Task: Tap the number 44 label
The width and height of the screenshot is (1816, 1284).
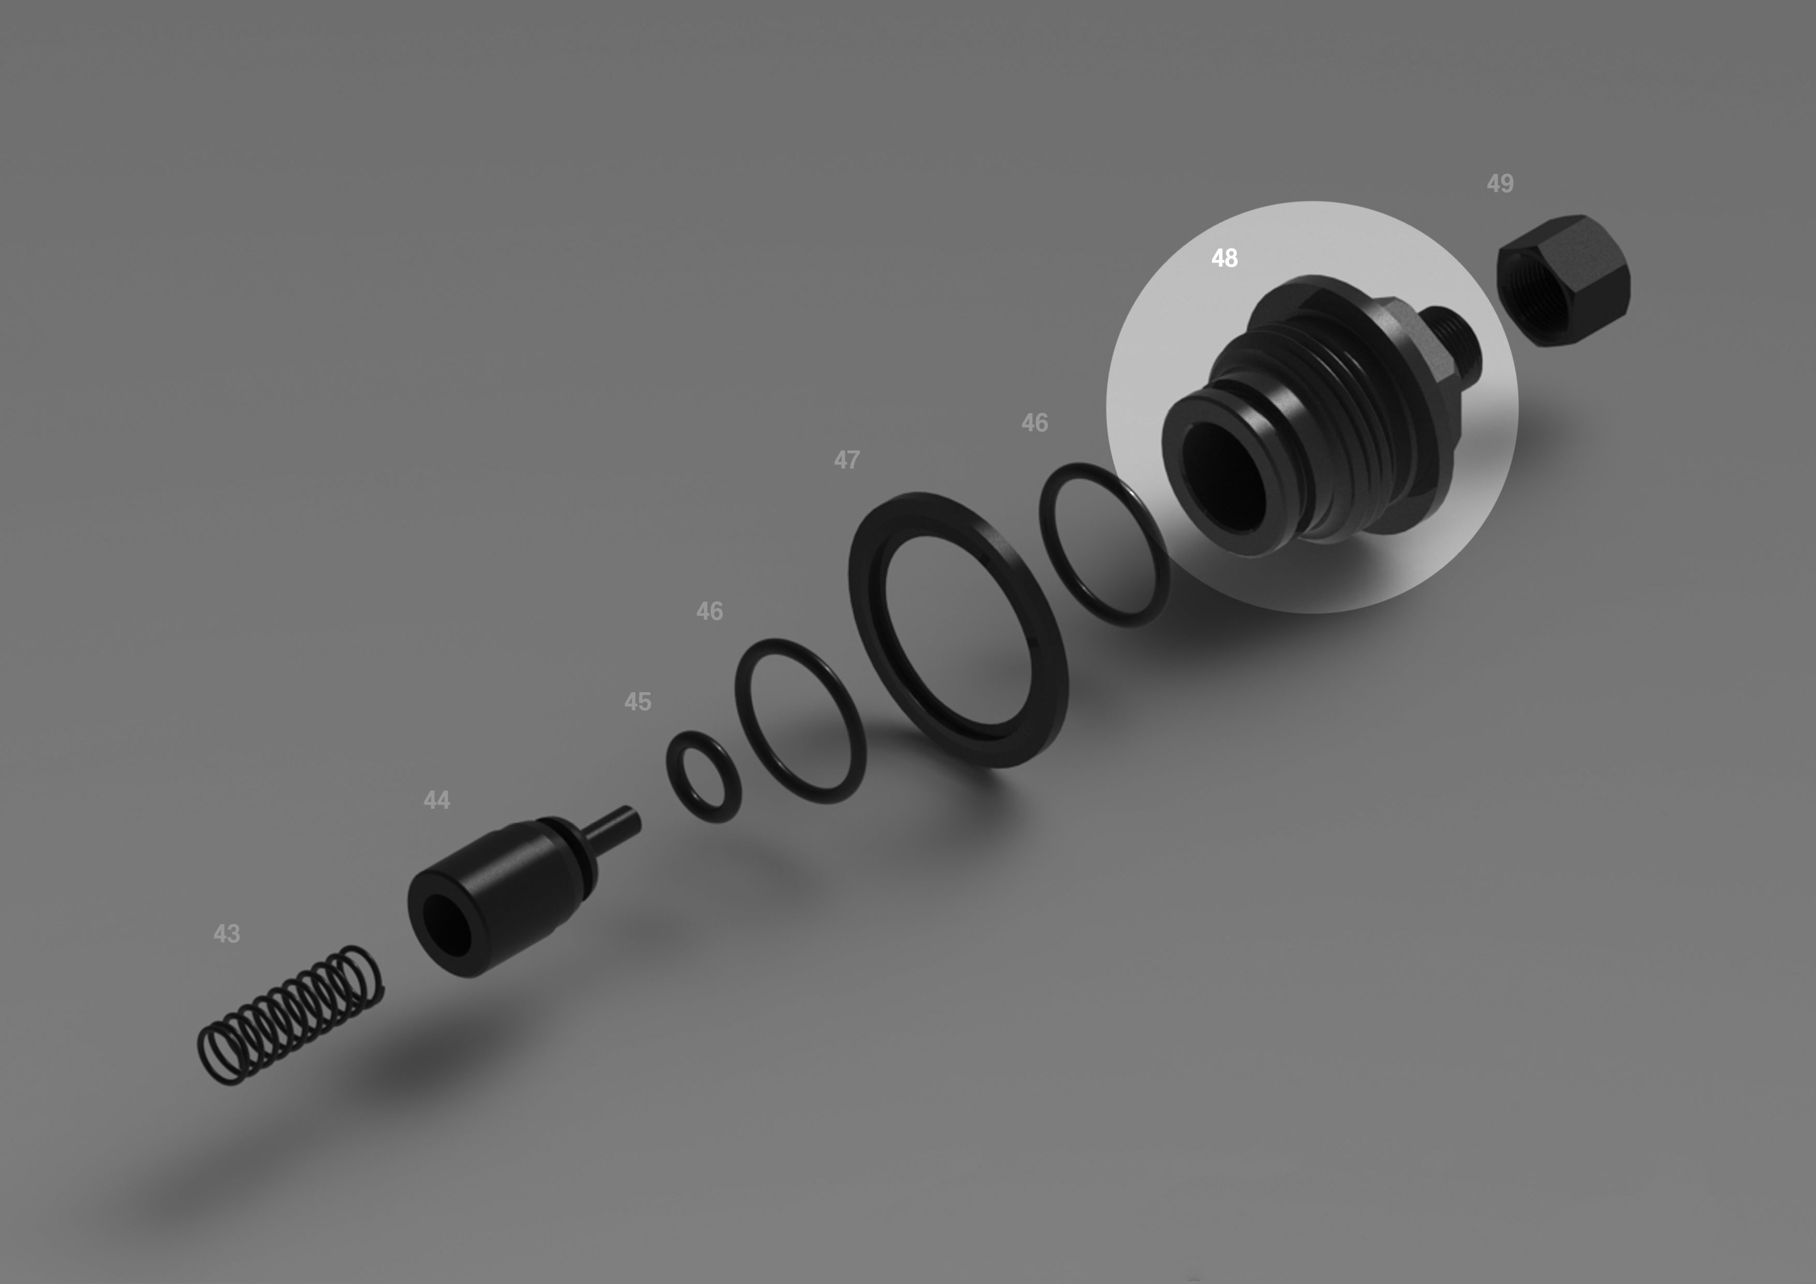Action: click(x=436, y=800)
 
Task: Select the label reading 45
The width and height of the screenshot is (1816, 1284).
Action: click(x=637, y=702)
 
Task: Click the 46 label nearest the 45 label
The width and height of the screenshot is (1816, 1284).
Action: click(x=710, y=611)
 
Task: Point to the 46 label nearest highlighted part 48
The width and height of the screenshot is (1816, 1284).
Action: click(x=1034, y=422)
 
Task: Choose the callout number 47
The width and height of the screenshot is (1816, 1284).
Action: click(x=846, y=460)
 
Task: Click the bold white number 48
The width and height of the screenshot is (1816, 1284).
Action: click(x=1224, y=258)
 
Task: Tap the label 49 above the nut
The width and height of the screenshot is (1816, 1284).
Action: click(x=1500, y=184)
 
